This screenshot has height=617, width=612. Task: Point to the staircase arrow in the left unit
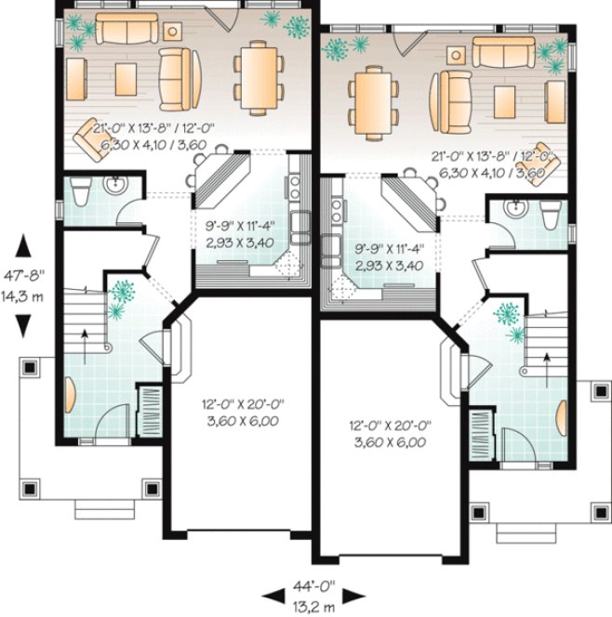(x=86, y=341)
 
